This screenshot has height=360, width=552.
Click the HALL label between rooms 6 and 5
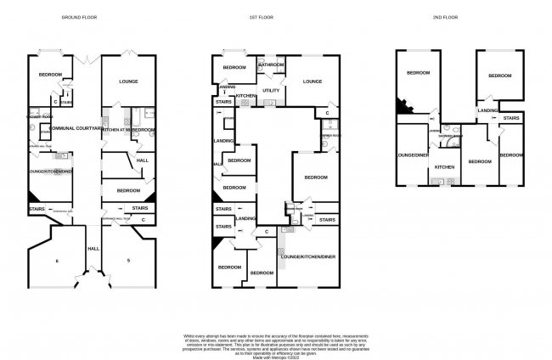pyautogui.click(x=93, y=249)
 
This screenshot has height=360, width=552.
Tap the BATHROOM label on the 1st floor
pyautogui.click(x=271, y=65)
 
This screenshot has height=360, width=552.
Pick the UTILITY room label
pyautogui.click(x=271, y=90)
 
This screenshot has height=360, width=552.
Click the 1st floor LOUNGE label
pyautogui.click(x=312, y=82)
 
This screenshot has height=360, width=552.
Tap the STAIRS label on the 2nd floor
pyautogui.click(x=510, y=118)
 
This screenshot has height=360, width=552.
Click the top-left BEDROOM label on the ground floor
pyautogui.click(x=50, y=75)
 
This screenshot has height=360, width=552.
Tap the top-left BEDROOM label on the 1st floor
pyautogui.click(x=234, y=67)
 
